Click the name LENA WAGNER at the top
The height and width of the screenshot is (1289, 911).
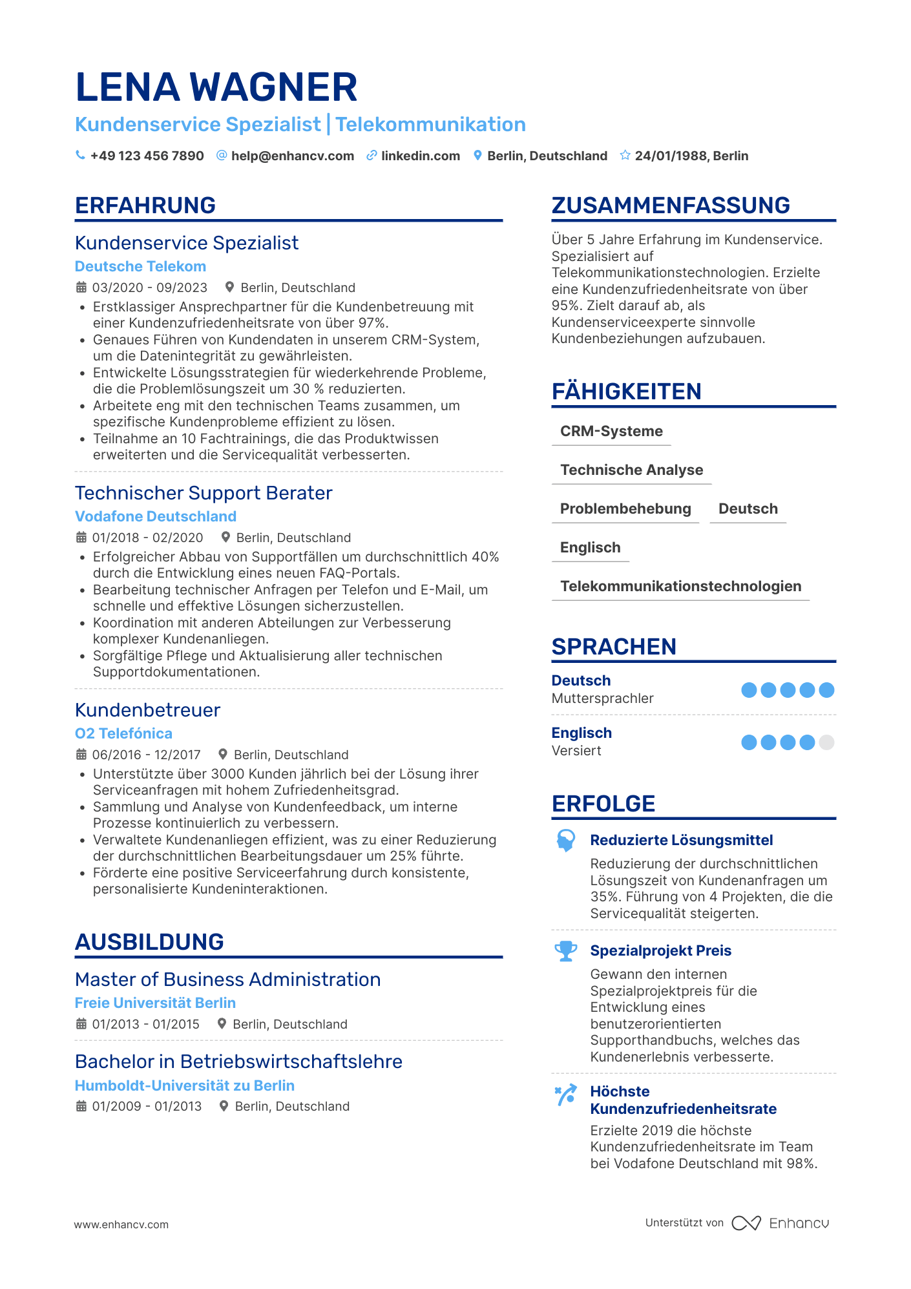(x=216, y=87)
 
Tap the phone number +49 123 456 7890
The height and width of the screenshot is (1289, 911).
(x=147, y=156)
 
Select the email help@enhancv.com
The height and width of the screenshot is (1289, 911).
(x=292, y=156)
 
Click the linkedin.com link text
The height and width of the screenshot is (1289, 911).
(x=420, y=156)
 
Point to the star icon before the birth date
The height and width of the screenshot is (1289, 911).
(x=625, y=156)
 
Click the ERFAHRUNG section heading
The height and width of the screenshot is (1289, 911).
(x=145, y=205)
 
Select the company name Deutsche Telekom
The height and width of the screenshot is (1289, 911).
(x=140, y=266)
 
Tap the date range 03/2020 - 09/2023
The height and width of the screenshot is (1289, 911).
(x=149, y=288)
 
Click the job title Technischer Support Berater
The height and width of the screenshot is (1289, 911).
(x=204, y=493)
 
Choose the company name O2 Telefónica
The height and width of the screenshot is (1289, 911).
(x=123, y=733)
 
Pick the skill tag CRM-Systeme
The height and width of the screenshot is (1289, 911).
(x=611, y=431)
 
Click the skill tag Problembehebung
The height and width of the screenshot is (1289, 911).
(x=625, y=508)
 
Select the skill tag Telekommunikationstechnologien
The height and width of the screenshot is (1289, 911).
(x=680, y=586)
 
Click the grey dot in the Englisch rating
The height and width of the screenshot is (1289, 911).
(x=826, y=742)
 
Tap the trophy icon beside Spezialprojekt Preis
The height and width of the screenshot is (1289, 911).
(x=566, y=951)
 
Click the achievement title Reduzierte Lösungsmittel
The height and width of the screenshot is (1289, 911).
(x=681, y=840)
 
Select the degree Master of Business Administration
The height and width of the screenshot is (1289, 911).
(x=227, y=980)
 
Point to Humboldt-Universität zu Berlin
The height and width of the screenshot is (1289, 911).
(x=184, y=1085)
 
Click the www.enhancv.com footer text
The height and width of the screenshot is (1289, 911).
(x=121, y=1224)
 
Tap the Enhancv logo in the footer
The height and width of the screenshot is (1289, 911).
(x=780, y=1223)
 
